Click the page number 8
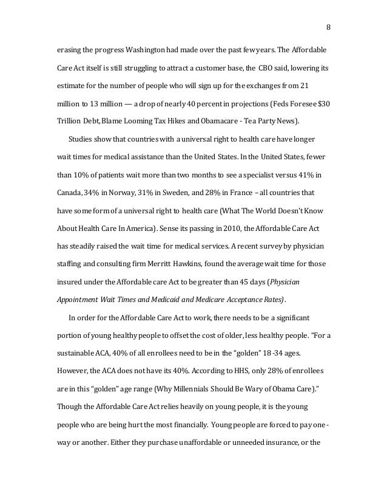coord(328,26)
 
